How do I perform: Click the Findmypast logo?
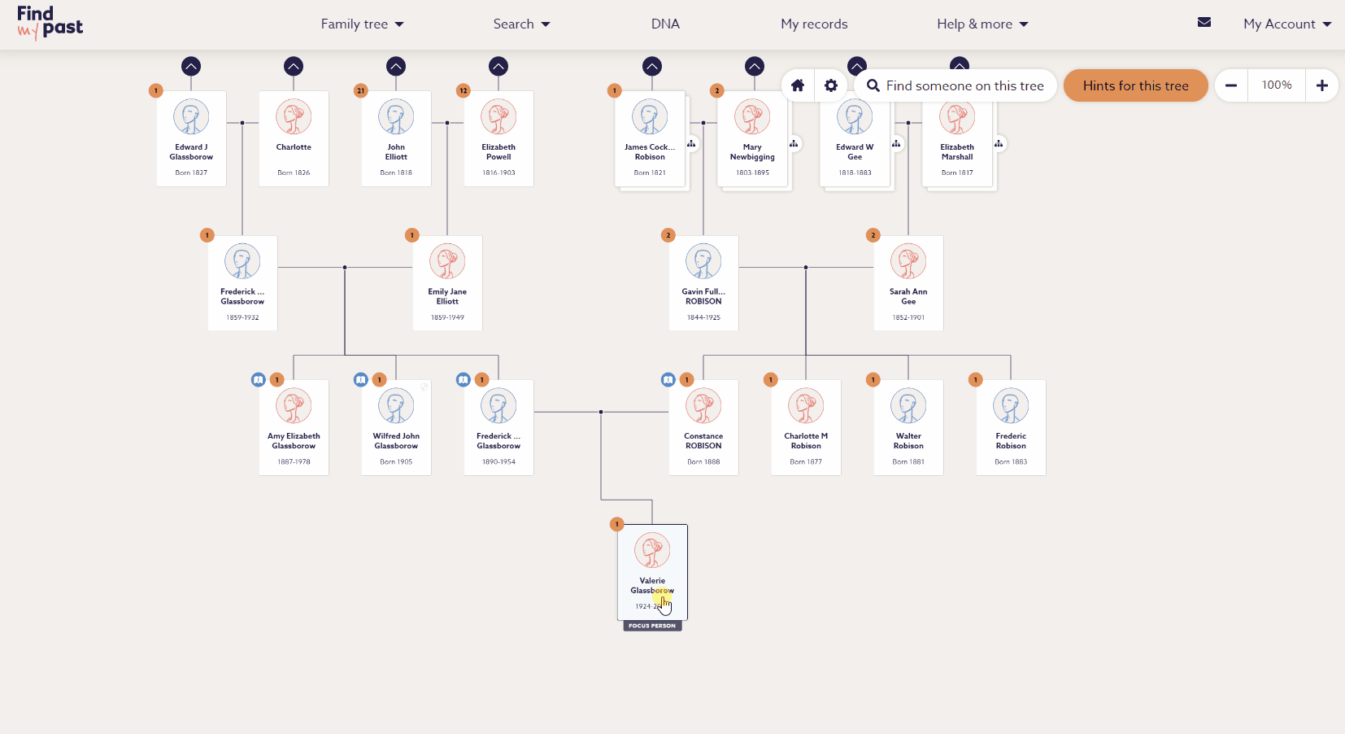(x=50, y=23)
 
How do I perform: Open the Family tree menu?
(x=362, y=24)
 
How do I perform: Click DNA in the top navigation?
(x=665, y=24)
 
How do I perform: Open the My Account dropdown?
(x=1286, y=24)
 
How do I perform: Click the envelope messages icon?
(x=1204, y=23)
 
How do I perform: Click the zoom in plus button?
(x=1321, y=85)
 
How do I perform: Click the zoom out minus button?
(x=1231, y=85)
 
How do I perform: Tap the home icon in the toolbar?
(x=798, y=85)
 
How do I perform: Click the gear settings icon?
(x=830, y=85)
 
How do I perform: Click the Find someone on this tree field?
(x=964, y=85)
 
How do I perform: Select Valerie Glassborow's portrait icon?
(x=652, y=551)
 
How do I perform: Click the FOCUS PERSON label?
(x=652, y=626)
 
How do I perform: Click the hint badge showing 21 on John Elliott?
(x=361, y=90)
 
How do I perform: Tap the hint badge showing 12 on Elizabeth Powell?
(x=464, y=90)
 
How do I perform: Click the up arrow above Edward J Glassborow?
(x=191, y=67)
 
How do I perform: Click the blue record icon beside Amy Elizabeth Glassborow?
(x=259, y=380)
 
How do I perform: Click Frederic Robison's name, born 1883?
(x=1011, y=441)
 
